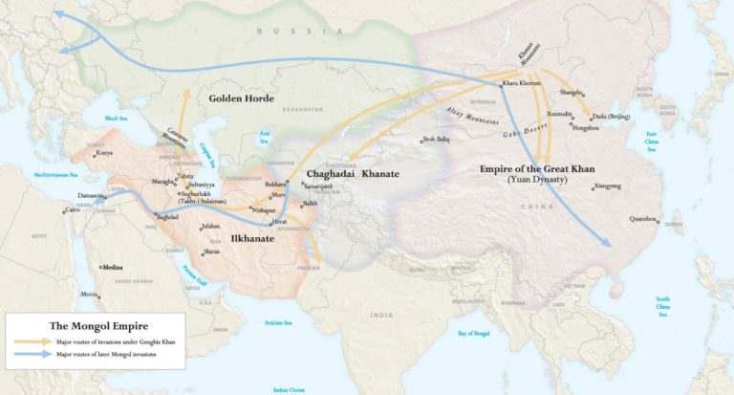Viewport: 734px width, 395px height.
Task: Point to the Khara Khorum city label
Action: [522, 83]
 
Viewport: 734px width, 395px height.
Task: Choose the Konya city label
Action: [104, 153]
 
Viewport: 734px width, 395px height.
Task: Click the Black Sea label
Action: [116, 118]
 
